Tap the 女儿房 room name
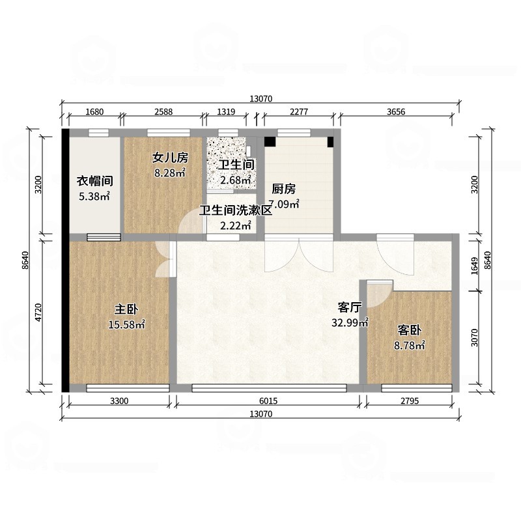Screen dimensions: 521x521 [x=170, y=158]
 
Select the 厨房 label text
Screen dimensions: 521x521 [x=284, y=190]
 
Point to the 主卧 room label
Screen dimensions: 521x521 [x=126, y=309]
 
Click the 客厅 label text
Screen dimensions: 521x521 [x=350, y=307]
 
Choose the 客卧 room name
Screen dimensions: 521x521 [x=408, y=330]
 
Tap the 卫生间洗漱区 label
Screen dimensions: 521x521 [x=235, y=211]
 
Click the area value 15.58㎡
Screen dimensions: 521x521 [x=126, y=324]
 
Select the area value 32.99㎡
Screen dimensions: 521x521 [x=351, y=322]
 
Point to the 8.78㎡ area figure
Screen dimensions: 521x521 [x=408, y=345]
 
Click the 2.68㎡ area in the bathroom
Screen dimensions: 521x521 [x=234, y=180]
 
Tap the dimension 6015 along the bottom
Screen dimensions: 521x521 [x=268, y=401]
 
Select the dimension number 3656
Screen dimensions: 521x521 [x=396, y=111]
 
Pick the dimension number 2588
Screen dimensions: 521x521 [x=163, y=111]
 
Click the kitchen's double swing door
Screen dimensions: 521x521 [x=299, y=255]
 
